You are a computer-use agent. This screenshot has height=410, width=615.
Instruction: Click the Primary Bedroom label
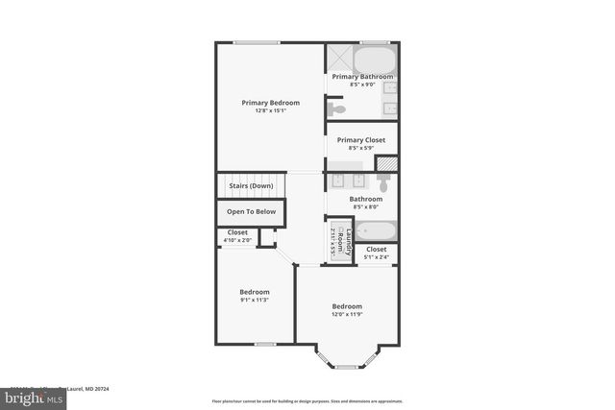[x=270, y=103]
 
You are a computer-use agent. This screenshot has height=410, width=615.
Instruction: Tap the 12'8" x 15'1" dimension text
[x=270, y=110]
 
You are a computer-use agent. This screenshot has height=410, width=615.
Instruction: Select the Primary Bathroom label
[x=362, y=76]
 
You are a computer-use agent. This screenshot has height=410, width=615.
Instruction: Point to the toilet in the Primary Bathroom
[x=336, y=109]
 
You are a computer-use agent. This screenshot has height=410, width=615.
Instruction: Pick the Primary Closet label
[x=361, y=140]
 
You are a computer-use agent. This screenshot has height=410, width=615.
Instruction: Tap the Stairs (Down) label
[x=251, y=185]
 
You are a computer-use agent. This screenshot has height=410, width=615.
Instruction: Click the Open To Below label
[x=251, y=211]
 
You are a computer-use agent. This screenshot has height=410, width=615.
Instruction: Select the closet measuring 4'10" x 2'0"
[x=237, y=236]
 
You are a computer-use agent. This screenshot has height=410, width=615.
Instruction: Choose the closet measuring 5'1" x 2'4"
[x=377, y=253]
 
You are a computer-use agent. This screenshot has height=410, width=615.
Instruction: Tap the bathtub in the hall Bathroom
[x=375, y=231]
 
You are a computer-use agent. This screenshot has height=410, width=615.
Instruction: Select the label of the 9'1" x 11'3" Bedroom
[x=255, y=292]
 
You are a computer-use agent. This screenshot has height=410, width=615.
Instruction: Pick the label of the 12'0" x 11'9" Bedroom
[x=347, y=306]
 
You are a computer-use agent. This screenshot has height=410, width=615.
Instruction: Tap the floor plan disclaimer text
[x=306, y=400]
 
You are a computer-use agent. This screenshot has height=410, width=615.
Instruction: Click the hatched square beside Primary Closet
[x=385, y=163]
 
